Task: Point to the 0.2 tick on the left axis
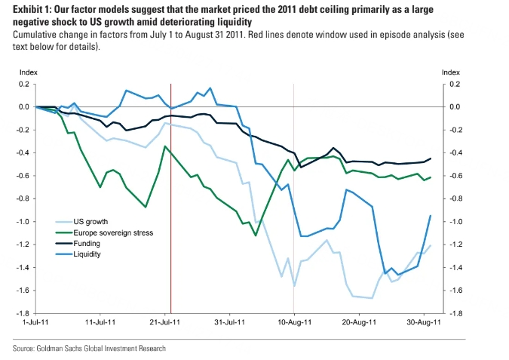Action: [24, 85]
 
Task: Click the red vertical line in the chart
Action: [171, 226]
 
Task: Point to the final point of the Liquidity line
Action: [431, 216]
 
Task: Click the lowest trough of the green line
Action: [256, 235]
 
